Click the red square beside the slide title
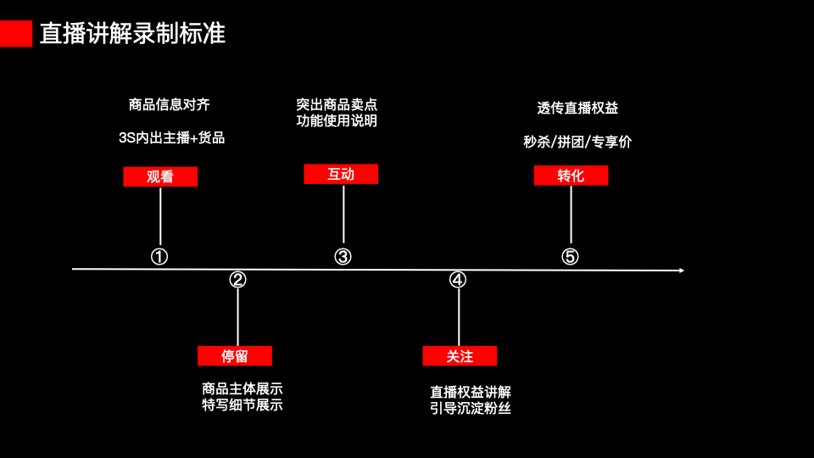tap(16, 33)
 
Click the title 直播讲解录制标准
tap(132, 33)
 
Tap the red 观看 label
tap(160, 176)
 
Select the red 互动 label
tap(341, 174)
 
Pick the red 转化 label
tap(571, 176)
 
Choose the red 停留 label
tap(235, 356)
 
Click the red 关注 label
tap(460, 356)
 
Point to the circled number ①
tap(159, 256)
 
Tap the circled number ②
tap(237, 280)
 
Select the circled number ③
tap(343, 256)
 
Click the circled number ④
tap(458, 280)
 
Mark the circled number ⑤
tap(570, 256)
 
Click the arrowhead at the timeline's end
tap(680, 271)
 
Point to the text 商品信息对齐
tap(169, 105)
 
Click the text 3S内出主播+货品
tap(171, 137)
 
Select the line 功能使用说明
tap(337, 120)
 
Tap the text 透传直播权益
tap(577, 108)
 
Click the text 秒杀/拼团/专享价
tap(577, 142)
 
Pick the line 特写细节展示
tap(243, 405)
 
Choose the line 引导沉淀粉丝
tap(471, 409)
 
